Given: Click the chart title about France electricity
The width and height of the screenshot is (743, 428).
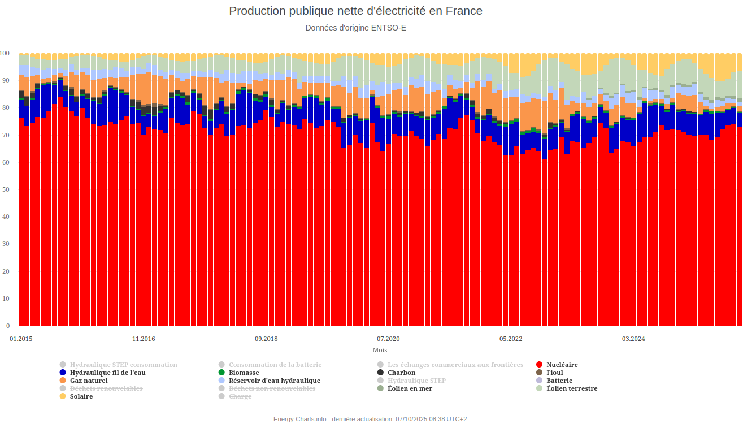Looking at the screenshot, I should click(355, 11).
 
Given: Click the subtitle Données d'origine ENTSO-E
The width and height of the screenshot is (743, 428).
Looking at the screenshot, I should click(355, 28).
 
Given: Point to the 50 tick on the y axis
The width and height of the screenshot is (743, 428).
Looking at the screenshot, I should click(7, 189).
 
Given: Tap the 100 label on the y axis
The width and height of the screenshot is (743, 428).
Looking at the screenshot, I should click(5, 53).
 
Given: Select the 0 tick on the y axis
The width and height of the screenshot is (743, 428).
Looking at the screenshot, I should click(8, 326).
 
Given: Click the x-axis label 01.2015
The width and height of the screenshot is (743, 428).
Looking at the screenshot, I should click(21, 339).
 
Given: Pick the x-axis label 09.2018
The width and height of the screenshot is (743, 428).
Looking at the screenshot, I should click(266, 339).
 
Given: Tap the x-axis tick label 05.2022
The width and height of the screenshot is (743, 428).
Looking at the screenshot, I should click(511, 339).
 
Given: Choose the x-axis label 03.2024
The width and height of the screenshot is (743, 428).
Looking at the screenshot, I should click(633, 339).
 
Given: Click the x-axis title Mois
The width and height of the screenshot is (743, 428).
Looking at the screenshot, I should click(380, 350).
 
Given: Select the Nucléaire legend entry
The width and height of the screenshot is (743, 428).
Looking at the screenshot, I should click(562, 365).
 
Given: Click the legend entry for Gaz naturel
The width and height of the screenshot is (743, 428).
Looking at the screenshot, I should click(89, 381).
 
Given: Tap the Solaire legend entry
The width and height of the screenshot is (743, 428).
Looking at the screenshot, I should click(81, 396).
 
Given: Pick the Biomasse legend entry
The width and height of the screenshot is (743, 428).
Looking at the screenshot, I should click(244, 373).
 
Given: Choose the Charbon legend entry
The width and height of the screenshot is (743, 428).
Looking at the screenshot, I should click(401, 373).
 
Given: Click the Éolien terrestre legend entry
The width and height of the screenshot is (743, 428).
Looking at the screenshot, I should click(572, 388).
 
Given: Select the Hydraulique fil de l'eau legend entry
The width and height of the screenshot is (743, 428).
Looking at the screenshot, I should click(107, 373).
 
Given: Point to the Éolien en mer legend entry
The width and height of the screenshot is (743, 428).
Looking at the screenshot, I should click(410, 388).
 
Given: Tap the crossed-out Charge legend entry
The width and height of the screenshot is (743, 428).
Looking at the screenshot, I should click(240, 396).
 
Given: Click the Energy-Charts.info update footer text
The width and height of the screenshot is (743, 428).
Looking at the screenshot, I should click(370, 419).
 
